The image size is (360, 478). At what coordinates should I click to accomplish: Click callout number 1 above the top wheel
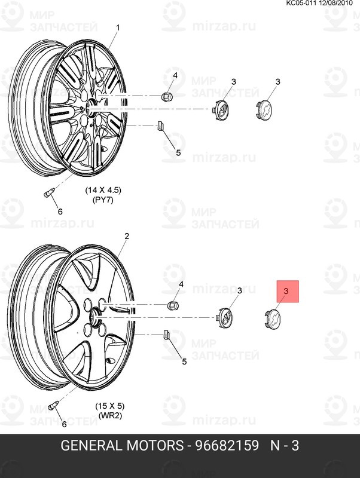pos(118,27)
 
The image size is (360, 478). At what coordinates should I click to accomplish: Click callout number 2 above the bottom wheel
pos(127,236)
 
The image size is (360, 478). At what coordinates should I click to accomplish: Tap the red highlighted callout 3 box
pos(288,292)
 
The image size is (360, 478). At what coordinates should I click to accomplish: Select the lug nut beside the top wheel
pos(167,96)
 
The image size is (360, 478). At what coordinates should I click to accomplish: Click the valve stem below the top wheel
pos(48,192)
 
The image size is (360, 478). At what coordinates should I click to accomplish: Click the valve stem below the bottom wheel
pos(53,405)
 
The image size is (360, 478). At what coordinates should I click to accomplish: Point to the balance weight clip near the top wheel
pos(160,125)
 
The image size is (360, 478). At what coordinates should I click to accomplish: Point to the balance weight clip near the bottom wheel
pos(167,335)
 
